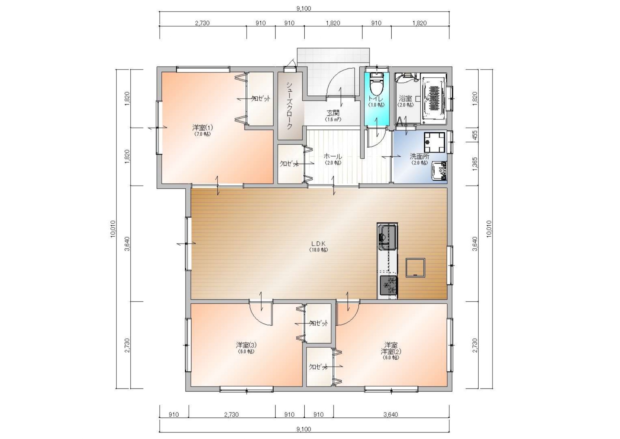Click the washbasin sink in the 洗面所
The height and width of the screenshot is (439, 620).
pos(439,171)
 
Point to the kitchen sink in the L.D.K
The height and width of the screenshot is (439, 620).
pos(387,237)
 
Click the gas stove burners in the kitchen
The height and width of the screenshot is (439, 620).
pos(388,286)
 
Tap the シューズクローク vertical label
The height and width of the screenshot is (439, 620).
pos(289,106)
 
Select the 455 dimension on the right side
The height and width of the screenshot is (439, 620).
pos(475,135)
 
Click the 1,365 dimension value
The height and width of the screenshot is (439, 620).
pos(475,164)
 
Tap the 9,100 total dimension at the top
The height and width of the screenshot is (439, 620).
pos(304,8)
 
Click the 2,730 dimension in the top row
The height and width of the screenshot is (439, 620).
pos(202,23)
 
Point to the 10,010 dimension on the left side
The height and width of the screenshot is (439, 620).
pos(113,229)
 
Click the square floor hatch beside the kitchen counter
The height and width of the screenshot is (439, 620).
pos(415,267)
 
